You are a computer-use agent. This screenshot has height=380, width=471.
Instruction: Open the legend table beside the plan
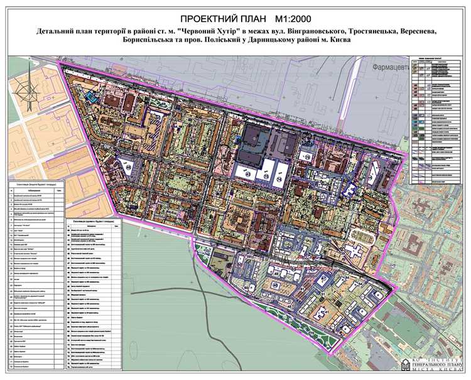(x=436, y=119)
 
